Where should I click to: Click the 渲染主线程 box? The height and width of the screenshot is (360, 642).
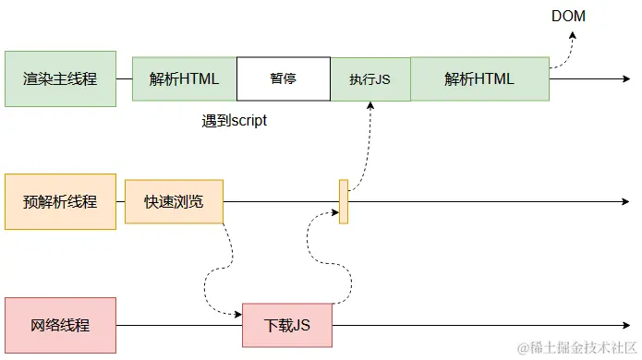[x=60, y=78]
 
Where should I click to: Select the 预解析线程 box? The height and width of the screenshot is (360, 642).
[x=60, y=201]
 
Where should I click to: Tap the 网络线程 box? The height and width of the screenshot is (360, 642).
[x=60, y=325]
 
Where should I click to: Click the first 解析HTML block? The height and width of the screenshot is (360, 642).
[x=184, y=78]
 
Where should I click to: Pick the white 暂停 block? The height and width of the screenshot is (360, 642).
[x=284, y=78]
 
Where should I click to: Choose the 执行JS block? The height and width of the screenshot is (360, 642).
[x=369, y=79]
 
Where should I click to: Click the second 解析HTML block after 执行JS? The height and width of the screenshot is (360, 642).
[x=479, y=78]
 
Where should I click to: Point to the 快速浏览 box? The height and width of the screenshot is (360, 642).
[x=174, y=201]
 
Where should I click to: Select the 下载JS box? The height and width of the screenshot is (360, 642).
[x=286, y=325]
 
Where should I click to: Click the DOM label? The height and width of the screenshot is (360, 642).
[x=569, y=16]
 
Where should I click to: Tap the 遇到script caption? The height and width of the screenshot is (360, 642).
[x=235, y=121]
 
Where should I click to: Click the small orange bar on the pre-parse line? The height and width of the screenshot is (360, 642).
[x=344, y=201]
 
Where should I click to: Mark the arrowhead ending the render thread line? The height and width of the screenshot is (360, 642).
[x=624, y=79]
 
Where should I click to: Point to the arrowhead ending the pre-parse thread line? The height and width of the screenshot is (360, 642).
[x=624, y=201]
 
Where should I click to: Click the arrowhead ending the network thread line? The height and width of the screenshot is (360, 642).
[x=624, y=325]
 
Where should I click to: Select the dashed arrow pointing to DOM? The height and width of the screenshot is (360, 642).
[x=564, y=51]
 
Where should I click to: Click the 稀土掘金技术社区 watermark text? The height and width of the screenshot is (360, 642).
[x=577, y=347]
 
